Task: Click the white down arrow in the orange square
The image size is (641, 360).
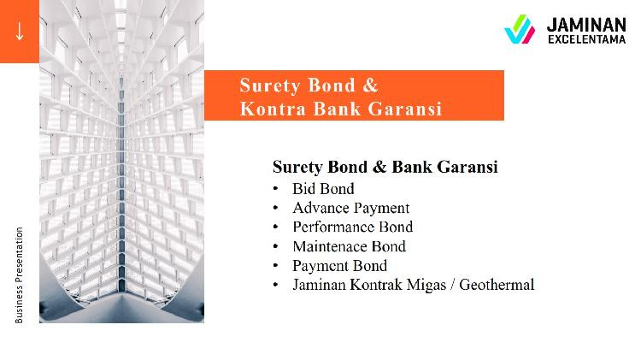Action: point(19,32)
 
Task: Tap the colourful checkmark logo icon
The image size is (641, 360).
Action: point(520,29)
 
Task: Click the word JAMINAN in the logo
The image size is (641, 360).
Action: point(586,25)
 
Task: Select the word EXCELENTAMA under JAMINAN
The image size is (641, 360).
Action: point(587,39)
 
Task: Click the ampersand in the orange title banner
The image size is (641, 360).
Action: point(370,86)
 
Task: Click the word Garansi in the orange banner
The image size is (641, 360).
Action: point(405,109)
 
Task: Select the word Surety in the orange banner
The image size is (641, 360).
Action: point(270,86)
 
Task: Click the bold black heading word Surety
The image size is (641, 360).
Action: point(298,168)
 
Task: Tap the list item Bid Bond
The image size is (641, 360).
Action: point(323,189)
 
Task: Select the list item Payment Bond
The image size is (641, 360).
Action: point(339,266)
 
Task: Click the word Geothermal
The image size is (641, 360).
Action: point(497,284)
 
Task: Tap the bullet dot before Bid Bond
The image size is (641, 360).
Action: point(275,189)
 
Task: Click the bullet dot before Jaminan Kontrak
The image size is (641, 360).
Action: point(275,284)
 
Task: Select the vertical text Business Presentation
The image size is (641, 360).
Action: point(19,274)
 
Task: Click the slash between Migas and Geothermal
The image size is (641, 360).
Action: point(452,285)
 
